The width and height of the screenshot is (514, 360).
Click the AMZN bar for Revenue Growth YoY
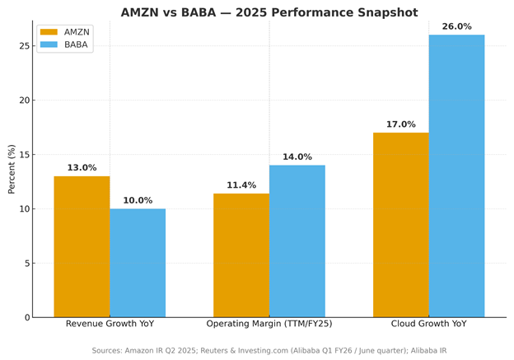tap(82, 246)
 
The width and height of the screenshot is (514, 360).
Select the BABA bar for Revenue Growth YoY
tap(138, 263)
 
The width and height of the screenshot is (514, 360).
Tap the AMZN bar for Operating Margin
tap(241, 255)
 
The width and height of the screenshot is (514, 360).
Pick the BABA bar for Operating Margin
tap(297, 241)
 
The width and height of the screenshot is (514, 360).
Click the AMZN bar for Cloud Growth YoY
tap(400, 225)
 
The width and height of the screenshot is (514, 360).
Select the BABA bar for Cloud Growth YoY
tap(456, 175)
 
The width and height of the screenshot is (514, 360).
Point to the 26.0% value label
tap(456, 27)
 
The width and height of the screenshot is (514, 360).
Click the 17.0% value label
tap(400, 125)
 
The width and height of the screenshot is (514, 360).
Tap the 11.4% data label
tap(241, 185)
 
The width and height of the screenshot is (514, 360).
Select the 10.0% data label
tap(138, 201)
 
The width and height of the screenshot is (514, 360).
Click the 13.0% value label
tap(82, 168)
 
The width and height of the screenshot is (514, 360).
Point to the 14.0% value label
tap(297, 157)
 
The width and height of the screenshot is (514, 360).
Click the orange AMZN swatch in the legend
tap(49, 32)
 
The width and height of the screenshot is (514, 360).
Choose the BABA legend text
tap(76, 44)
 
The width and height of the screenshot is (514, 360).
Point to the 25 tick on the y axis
tap(23, 46)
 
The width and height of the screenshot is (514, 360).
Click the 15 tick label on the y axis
tap(23, 155)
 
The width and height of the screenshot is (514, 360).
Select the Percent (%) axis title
tap(12, 169)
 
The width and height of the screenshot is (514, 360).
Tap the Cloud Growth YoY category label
tap(428, 324)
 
